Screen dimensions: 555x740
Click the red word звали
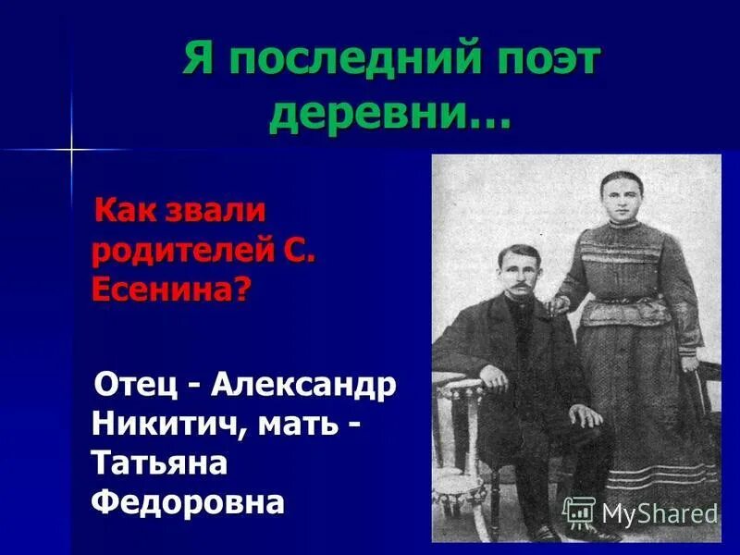[216, 211]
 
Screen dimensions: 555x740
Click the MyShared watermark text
[660, 513]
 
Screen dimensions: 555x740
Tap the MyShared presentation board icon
[579, 512]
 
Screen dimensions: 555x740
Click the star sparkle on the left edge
[69, 148]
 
